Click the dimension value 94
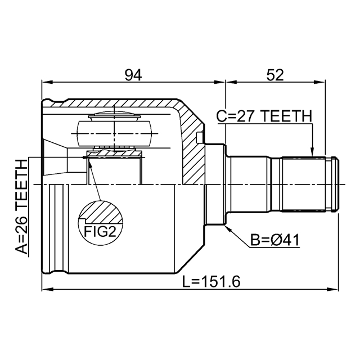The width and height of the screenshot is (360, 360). click(133, 75)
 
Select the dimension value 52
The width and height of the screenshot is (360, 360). click(275, 75)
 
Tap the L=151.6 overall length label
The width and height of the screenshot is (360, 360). click(211, 282)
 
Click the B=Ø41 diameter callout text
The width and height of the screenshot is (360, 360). click(275, 241)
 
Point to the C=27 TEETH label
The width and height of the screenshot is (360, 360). click(264, 116)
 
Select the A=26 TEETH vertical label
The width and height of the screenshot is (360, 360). click(21, 206)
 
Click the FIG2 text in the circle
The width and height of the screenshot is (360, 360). click(100, 231)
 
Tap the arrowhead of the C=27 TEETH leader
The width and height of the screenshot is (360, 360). click(312, 152)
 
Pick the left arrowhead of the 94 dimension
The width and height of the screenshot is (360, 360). click(47, 82)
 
